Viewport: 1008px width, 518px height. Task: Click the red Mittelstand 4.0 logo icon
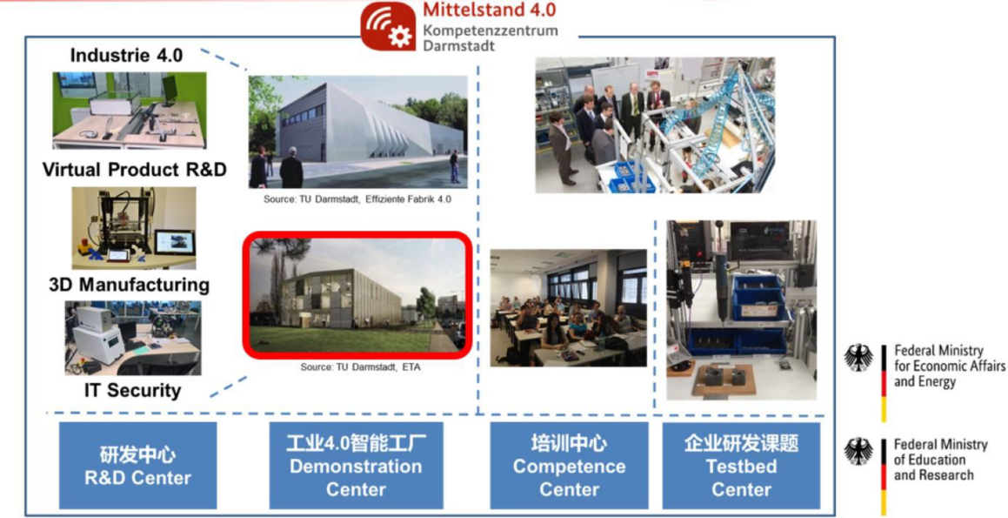[388, 26]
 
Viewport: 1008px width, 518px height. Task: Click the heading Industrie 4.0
[126, 56]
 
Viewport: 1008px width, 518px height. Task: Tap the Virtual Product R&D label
[134, 170]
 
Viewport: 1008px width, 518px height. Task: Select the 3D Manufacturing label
[130, 285]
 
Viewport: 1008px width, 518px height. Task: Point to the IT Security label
[132, 390]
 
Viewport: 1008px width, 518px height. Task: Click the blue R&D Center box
[137, 465]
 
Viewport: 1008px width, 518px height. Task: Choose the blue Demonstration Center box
[356, 465]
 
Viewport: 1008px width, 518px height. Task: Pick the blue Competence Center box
[569, 465]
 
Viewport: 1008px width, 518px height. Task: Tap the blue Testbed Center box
[741, 465]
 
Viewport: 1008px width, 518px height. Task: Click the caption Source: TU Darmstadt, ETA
[361, 367]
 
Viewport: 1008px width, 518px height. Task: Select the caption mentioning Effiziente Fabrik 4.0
[357, 199]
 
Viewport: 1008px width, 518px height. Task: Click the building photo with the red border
[357, 295]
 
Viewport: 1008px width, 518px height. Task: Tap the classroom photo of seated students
[568, 308]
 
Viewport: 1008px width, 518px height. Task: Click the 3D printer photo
[134, 228]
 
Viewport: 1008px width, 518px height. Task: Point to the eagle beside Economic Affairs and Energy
[859, 358]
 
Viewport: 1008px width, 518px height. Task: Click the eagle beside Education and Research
[859, 452]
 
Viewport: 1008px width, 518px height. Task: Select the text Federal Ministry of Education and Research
[940, 460]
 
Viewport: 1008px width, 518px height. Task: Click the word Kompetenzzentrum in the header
[490, 30]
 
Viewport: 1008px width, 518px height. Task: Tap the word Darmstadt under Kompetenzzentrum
[459, 45]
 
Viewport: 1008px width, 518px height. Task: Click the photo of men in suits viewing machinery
[655, 124]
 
